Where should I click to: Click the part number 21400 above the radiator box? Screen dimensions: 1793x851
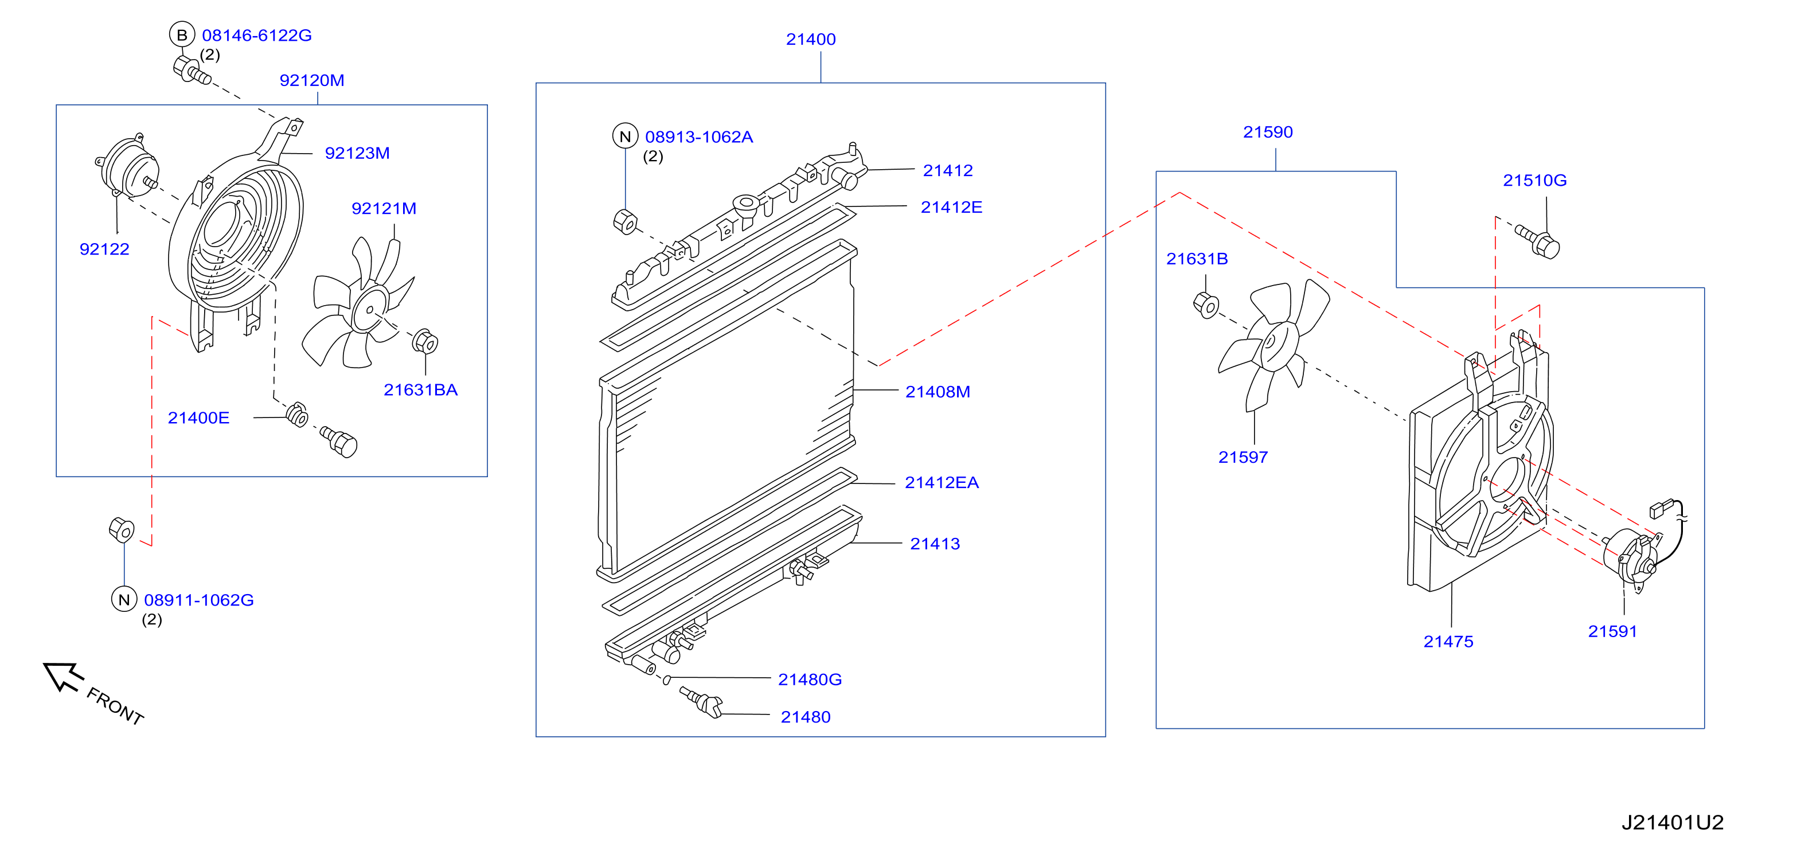tap(811, 40)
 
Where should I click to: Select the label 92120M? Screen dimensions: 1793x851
tap(312, 81)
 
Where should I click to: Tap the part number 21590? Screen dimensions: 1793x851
tap(1268, 132)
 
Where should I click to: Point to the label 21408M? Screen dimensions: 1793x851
tap(937, 392)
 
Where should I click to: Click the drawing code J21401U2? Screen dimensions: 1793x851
tap(1672, 822)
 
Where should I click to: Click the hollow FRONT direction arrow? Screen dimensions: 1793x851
tap(63, 676)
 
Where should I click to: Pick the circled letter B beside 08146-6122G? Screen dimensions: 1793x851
tap(182, 35)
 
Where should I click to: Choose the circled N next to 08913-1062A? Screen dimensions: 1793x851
tap(625, 136)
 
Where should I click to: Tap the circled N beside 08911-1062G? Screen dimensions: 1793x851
tap(124, 599)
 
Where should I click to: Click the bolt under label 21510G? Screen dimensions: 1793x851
tap(1539, 241)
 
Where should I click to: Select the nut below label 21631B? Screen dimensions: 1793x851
tap(1206, 305)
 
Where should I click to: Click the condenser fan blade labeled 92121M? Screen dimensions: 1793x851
tap(358, 303)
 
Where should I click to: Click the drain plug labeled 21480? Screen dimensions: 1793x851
tap(702, 702)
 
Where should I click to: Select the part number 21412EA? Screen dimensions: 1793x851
tap(942, 483)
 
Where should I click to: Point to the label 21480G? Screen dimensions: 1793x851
tap(810, 680)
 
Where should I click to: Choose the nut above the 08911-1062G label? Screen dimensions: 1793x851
tap(122, 529)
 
